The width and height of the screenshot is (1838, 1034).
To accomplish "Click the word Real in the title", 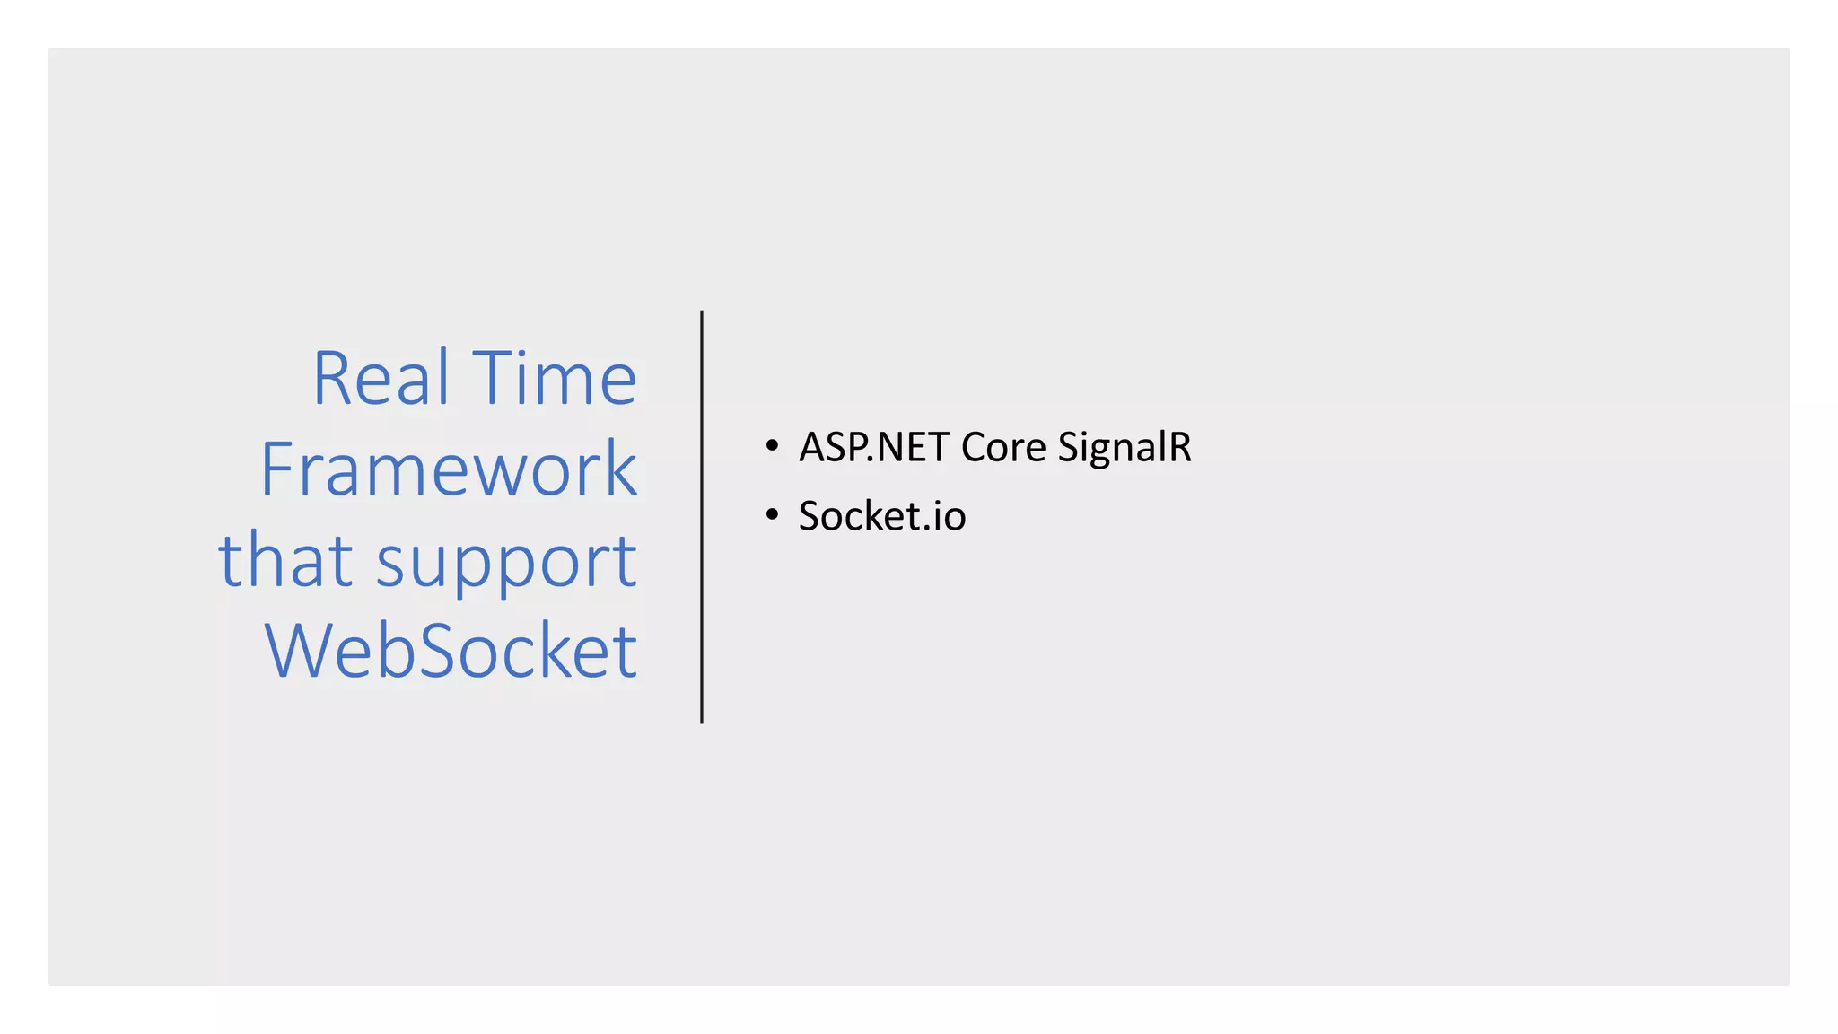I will [x=381, y=379].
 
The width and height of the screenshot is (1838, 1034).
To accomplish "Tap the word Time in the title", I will [x=554, y=379].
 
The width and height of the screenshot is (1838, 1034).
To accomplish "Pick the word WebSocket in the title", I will [x=451, y=651].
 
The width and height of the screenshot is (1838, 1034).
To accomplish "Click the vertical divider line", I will [x=702, y=517].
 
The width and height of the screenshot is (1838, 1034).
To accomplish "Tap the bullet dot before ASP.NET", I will [x=772, y=446].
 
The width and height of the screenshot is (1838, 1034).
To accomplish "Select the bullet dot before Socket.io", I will [x=772, y=515].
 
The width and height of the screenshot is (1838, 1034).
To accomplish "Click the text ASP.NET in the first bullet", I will [x=873, y=447].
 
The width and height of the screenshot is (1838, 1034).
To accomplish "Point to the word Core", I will [x=1002, y=447].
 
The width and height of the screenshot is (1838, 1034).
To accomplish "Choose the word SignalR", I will [x=1124, y=447].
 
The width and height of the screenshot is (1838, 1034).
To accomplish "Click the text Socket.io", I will [x=881, y=516].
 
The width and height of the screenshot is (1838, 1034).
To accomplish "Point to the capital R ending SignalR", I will [x=1177, y=447].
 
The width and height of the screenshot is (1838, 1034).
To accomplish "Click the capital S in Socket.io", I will [x=810, y=516].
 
